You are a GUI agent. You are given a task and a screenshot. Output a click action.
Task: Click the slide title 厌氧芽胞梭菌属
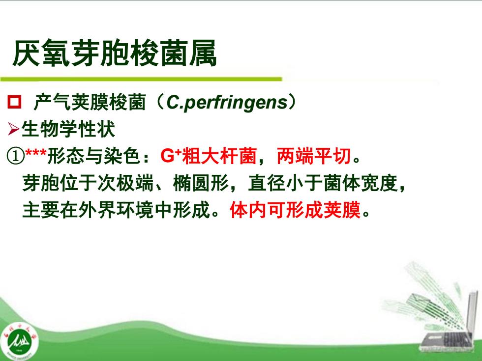click(x=114, y=54)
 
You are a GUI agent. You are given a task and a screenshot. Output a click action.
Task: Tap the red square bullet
click(x=14, y=102)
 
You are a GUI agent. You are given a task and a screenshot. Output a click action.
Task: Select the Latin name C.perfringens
click(x=227, y=103)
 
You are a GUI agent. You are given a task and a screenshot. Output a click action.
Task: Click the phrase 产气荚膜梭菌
click(x=89, y=102)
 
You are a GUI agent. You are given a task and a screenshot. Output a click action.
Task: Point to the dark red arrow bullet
click(x=14, y=129)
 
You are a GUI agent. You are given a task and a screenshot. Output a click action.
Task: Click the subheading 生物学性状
click(x=68, y=129)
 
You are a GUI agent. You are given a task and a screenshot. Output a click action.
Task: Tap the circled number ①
click(x=15, y=156)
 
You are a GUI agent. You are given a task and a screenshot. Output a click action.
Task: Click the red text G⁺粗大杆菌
click(x=209, y=156)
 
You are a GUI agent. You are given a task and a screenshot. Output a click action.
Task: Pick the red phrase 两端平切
click(x=314, y=156)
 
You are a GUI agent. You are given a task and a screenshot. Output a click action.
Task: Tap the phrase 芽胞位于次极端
click(x=88, y=183)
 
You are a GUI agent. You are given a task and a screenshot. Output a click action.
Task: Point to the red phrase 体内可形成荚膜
click(x=295, y=210)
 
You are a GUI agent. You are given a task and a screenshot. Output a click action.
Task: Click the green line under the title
click(x=141, y=79)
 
